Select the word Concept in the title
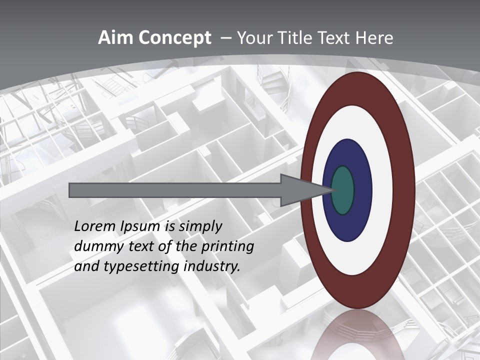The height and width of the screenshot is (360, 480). (x=174, y=38)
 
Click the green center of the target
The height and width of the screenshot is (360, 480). (x=343, y=190)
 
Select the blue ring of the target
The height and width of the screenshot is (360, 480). (x=362, y=190)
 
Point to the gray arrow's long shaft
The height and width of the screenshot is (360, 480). (x=175, y=190)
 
